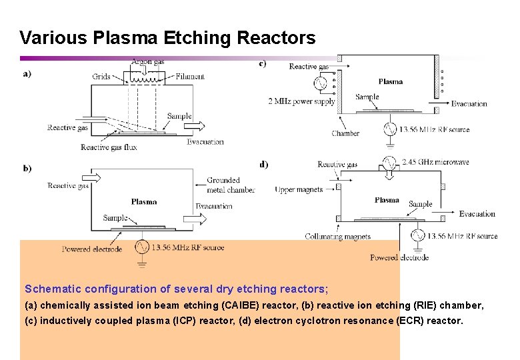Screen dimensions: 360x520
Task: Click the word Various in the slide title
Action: pos(53,38)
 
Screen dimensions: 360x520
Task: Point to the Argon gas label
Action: pos(147,61)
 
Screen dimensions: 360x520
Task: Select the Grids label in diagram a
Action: pos(101,77)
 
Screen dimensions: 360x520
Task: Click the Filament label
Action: pos(190,77)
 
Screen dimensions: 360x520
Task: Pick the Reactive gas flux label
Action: pos(109,147)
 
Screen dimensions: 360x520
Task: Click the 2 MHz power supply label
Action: pos(301,102)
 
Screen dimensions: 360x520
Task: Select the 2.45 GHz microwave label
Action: pos(436,162)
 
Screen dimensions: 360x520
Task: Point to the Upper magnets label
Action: pos(299,190)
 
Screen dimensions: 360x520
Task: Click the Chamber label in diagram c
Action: pos(345,133)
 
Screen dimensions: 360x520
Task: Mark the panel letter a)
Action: pos(27,74)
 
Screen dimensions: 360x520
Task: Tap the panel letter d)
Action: pos(264,163)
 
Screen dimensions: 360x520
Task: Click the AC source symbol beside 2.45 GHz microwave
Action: pos(389,162)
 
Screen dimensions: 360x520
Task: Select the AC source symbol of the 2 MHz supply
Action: pos(319,83)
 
